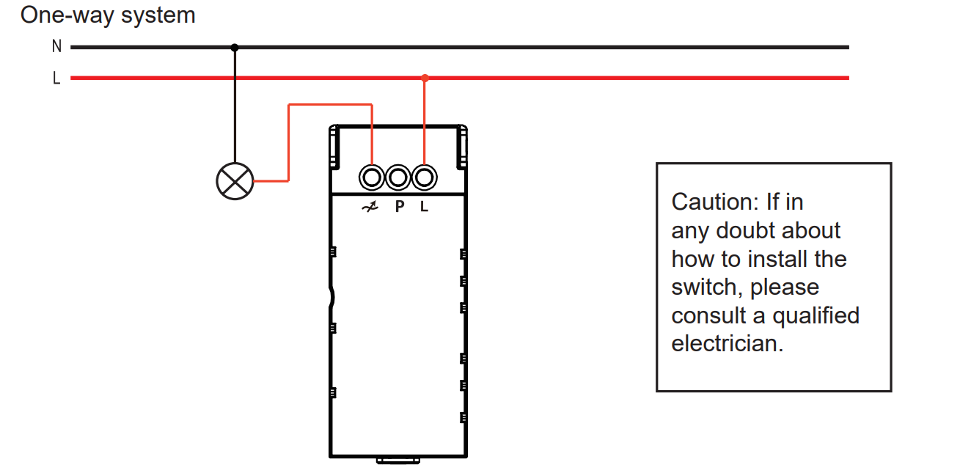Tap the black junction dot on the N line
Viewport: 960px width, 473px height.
(235, 47)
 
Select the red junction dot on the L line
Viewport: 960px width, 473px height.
(425, 78)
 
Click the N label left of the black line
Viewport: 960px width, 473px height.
(56, 46)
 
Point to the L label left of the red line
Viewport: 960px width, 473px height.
(56, 78)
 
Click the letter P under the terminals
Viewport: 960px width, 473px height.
(400, 207)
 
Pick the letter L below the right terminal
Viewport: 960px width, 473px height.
(424, 207)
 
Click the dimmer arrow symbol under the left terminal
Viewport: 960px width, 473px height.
(370, 207)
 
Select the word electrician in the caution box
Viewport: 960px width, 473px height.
(727, 344)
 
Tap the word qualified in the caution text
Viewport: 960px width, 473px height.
(816, 316)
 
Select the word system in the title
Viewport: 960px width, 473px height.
(158, 16)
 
